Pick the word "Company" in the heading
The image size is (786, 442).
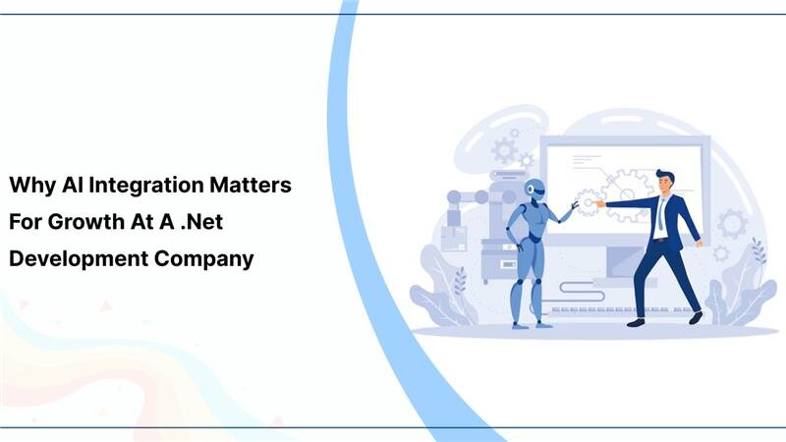click(205, 259)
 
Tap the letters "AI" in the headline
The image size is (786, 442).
click(71, 185)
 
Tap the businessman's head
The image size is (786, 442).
click(665, 182)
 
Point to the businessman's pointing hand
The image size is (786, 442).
click(599, 203)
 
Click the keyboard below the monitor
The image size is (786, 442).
click(609, 310)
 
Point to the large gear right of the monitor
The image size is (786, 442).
click(732, 224)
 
